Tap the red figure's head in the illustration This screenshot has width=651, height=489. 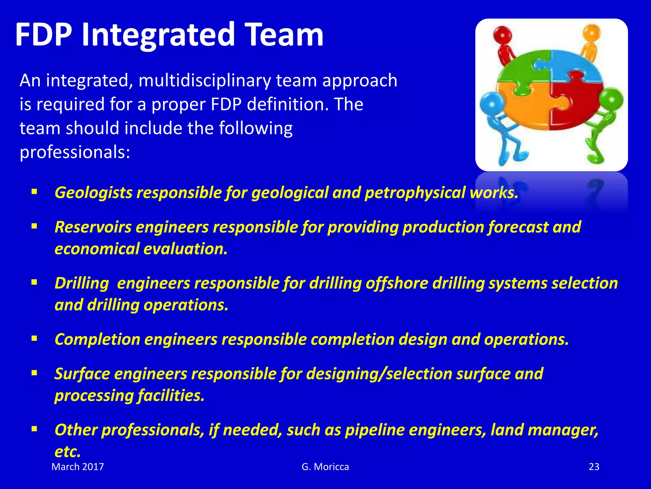(x=502, y=34)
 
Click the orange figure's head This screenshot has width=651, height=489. (x=592, y=33)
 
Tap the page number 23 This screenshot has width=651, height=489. (x=594, y=467)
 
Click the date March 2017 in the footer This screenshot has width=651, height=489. (x=78, y=467)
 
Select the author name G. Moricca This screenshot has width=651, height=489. (x=325, y=467)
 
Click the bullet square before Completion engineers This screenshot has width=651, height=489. (x=34, y=338)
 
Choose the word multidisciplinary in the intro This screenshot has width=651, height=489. (x=205, y=80)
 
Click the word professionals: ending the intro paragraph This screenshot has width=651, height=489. (x=75, y=152)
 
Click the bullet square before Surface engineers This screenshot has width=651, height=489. (x=34, y=373)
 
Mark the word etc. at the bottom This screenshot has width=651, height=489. (x=68, y=452)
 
